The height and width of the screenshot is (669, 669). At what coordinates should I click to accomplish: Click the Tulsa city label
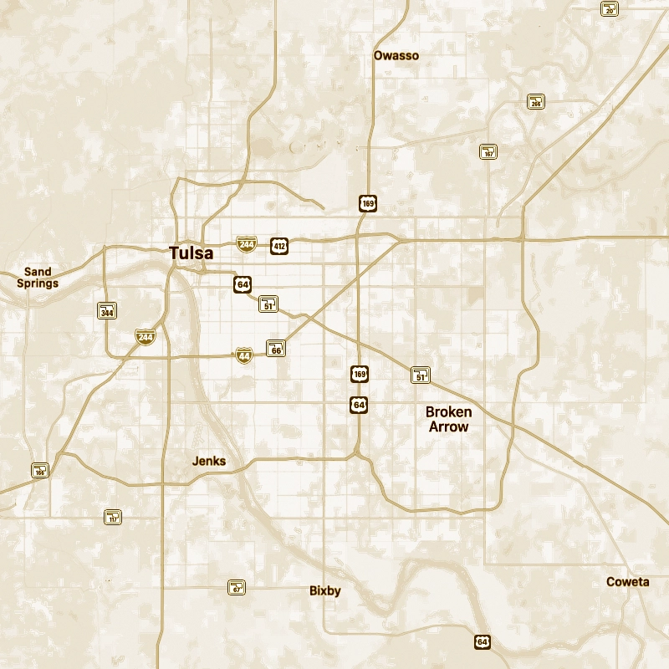191,253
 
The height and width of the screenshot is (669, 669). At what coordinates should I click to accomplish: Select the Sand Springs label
38,278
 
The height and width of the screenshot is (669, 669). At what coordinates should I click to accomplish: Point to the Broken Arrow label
448,419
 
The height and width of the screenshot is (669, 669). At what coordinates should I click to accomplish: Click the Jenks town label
209,461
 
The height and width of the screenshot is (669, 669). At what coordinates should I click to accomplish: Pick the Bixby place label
325,590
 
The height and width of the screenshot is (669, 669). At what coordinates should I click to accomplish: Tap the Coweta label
627,582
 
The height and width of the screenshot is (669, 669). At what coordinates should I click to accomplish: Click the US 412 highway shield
279,245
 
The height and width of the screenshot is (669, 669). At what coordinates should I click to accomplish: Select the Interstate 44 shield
243,355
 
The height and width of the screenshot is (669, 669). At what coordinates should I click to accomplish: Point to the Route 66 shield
276,349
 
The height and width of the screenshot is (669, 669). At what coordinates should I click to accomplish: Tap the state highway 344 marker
107,311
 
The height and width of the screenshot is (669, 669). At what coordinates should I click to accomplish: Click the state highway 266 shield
536,102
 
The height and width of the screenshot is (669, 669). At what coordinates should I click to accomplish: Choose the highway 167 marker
488,151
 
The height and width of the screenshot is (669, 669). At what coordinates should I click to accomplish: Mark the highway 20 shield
610,8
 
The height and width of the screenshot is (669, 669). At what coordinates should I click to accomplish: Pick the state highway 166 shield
40,470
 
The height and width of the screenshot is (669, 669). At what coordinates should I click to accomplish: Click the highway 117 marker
113,517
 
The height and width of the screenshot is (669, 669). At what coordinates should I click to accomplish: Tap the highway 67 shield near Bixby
237,587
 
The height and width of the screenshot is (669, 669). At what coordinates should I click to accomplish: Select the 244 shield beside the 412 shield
246,244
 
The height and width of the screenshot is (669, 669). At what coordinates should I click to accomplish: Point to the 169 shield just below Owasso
369,202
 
